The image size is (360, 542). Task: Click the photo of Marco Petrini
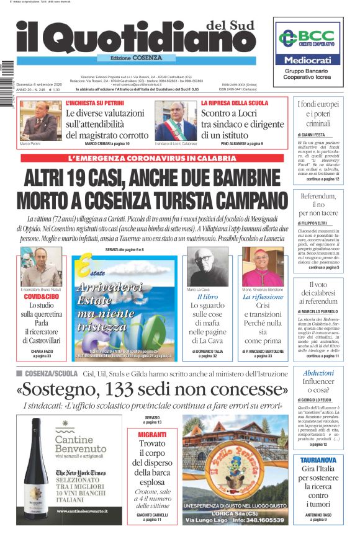point(41,120)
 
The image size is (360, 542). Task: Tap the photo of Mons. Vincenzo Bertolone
point(263,267)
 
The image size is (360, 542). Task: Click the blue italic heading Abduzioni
point(318,373)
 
